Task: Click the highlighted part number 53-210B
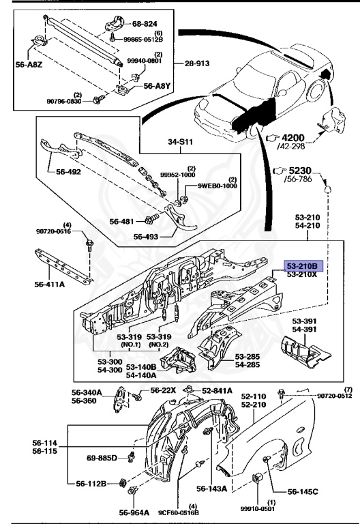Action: [303, 266]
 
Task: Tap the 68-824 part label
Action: [145, 24]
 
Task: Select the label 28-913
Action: [197, 63]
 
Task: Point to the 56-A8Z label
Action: [29, 65]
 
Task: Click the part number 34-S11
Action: [180, 142]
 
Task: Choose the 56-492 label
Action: [68, 172]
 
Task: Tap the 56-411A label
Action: [49, 285]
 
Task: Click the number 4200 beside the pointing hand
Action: [293, 138]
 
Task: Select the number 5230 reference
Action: [299, 171]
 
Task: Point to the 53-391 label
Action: [304, 321]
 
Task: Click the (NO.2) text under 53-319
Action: [158, 345]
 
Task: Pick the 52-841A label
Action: [217, 391]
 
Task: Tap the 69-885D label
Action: [102, 458]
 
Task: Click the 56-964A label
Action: [134, 512]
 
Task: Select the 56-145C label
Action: [303, 491]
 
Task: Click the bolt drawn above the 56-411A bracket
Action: [89, 245]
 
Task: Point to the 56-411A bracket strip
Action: [63, 267]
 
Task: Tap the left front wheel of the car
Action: [253, 131]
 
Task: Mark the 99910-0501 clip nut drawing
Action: [258, 478]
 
